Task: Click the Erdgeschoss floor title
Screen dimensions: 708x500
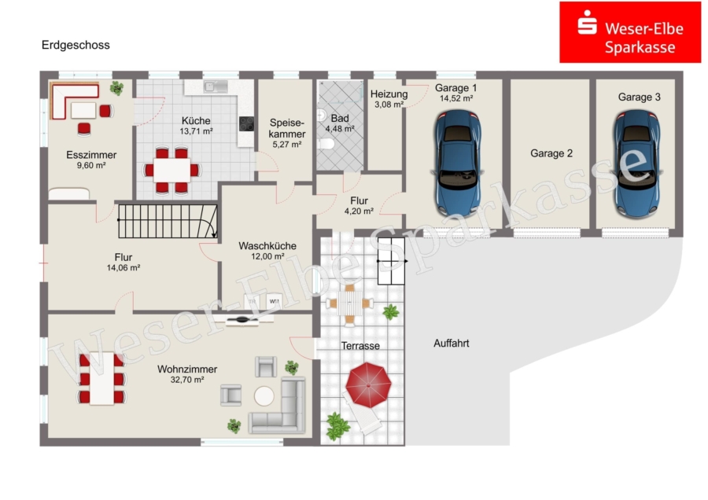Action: (x=76, y=45)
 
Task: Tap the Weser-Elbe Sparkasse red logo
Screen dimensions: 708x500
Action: (x=630, y=32)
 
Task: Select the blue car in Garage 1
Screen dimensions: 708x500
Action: (x=457, y=163)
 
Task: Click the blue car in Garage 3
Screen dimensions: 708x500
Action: (x=636, y=164)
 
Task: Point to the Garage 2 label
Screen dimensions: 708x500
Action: (x=551, y=153)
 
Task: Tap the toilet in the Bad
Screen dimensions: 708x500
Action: (x=326, y=144)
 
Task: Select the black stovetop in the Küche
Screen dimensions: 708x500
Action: (x=246, y=123)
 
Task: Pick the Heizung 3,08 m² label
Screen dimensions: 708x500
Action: (x=389, y=99)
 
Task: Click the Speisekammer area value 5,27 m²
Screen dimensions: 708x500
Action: (x=286, y=145)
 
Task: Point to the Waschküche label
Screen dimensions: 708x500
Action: (x=267, y=246)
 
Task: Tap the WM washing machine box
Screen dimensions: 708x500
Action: (x=274, y=301)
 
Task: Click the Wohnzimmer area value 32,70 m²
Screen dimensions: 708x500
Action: (x=187, y=380)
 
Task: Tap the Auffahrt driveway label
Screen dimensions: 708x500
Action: (x=451, y=344)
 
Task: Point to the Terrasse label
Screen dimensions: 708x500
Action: (x=360, y=346)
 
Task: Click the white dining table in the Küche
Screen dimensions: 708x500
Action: (x=172, y=170)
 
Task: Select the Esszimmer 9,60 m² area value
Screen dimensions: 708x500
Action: (x=91, y=166)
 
